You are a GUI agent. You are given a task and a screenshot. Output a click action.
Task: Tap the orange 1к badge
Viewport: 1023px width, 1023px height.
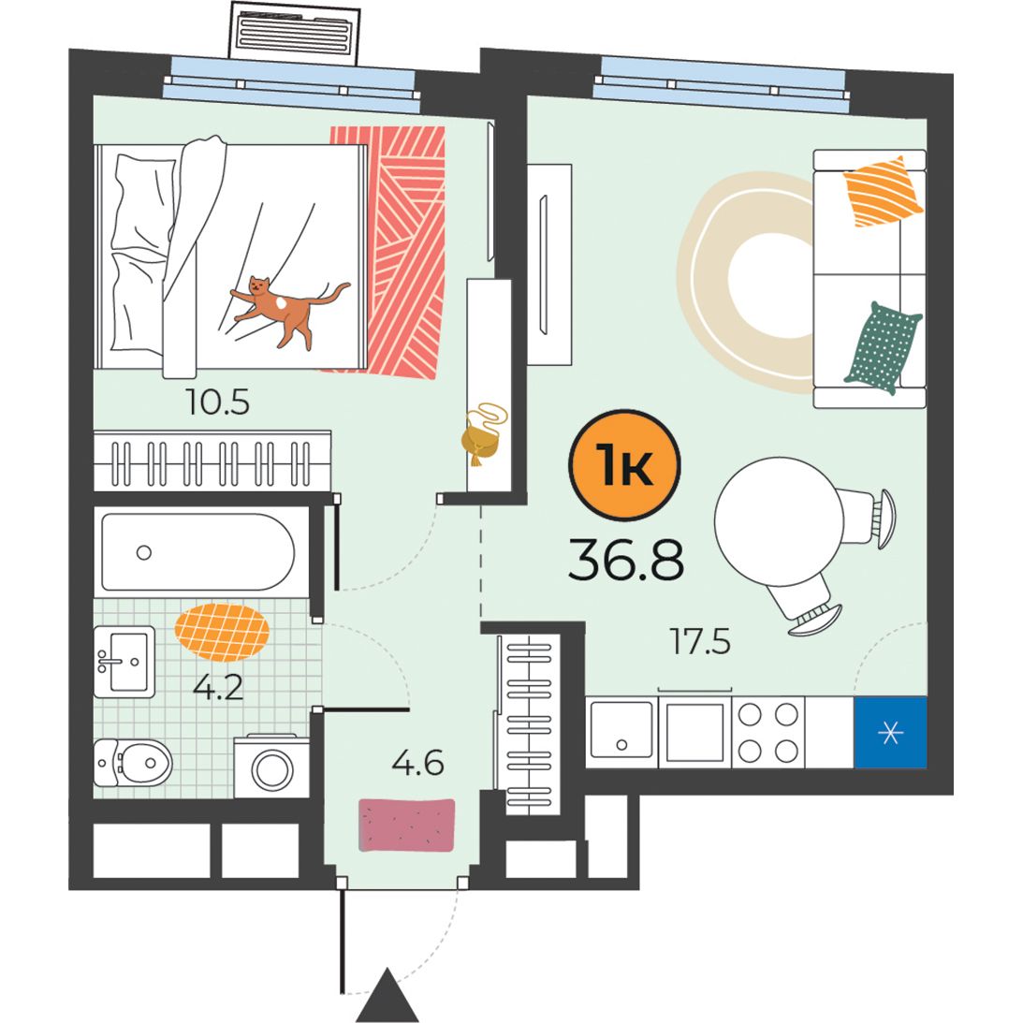[x=624, y=464]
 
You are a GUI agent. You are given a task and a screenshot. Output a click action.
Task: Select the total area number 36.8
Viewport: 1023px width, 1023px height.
[x=625, y=560]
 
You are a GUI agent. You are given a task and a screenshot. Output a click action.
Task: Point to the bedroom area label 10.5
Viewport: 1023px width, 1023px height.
[x=217, y=402]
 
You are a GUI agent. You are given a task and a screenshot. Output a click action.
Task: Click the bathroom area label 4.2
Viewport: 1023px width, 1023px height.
[x=218, y=687]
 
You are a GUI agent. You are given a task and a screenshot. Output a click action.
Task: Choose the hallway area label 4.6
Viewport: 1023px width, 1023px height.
[x=417, y=762]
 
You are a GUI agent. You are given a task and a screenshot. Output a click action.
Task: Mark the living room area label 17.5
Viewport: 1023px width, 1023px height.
[x=700, y=641]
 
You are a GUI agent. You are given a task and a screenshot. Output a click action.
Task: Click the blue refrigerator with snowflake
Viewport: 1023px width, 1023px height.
[x=890, y=733]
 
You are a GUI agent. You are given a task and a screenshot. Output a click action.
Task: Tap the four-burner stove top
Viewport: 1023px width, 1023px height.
[x=767, y=733]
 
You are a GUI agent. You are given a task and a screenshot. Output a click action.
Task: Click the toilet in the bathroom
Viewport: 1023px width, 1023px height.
[x=133, y=763]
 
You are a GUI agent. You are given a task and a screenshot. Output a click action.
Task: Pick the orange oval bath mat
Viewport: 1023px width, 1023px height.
[x=222, y=632]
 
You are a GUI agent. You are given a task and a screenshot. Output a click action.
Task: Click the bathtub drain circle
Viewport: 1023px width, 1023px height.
[x=143, y=552]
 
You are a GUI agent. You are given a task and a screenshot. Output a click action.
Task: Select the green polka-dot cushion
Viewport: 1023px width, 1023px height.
[x=884, y=348]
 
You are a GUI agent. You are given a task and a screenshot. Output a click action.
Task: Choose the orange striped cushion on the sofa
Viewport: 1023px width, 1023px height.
[x=883, y=191]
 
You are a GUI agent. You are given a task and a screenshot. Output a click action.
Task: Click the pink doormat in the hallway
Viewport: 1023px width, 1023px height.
[x=406, y=826]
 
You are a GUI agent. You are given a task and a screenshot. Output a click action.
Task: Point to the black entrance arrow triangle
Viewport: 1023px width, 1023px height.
[x=387, y=995]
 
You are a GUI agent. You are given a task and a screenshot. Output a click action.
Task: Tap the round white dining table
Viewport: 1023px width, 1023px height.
[x=779, y=521]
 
